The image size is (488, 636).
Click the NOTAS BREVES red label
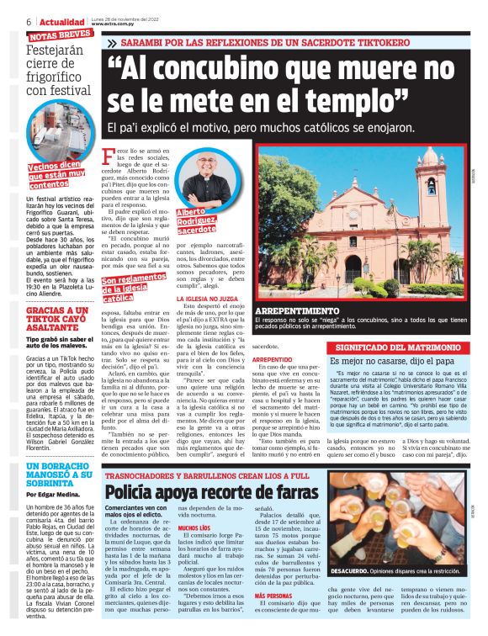[x=60, y=34]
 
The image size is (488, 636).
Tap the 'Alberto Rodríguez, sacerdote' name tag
[x=199, y=220]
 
